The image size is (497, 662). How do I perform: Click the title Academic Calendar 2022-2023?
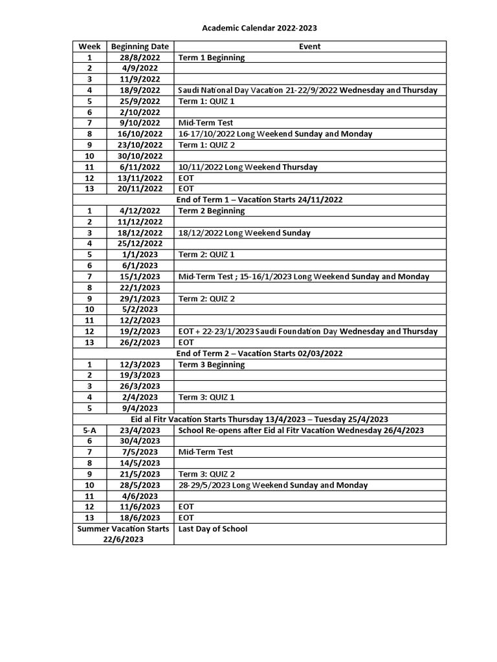coord(260,28)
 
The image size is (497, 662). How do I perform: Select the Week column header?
coord(89,47)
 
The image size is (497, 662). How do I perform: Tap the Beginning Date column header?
coord(140,47)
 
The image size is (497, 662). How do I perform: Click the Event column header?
coord(309,47)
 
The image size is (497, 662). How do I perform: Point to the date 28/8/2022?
coord(140,58)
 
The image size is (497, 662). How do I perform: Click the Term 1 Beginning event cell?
coord(211,58)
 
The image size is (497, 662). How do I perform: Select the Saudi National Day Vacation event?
coord(307,91)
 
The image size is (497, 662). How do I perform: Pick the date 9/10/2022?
coord(140,123)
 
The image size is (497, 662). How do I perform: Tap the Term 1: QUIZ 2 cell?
coord(206,145)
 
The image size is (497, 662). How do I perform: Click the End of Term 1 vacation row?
coord(260,200)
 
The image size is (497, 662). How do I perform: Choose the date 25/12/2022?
coord(140,243)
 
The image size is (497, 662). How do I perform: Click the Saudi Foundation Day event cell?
coord(307,331)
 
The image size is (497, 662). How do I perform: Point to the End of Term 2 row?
coord(260,353)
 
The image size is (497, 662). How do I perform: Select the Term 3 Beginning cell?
coord(211,365)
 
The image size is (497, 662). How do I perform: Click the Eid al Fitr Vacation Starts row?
coord(260,419)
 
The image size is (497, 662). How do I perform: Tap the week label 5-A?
coord(89,430)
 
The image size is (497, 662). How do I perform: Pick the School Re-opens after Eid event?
coord(301,430)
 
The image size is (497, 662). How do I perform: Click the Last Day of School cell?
coord(212,529)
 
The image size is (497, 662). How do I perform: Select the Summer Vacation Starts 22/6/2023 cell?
coord(123,534)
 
